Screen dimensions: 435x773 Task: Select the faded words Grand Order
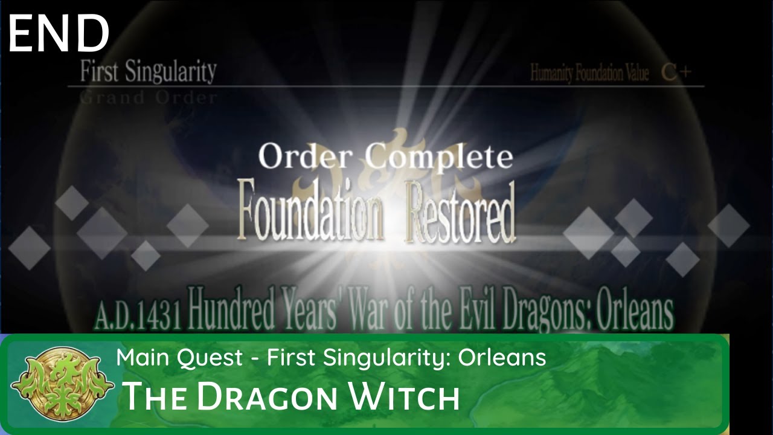pos(149,98)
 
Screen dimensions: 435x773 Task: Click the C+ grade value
pos(676,73)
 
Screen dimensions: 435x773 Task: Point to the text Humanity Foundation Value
pos(589,74)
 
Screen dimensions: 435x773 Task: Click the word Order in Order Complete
pos(304,157)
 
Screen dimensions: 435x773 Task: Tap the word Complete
pos(440,157)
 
